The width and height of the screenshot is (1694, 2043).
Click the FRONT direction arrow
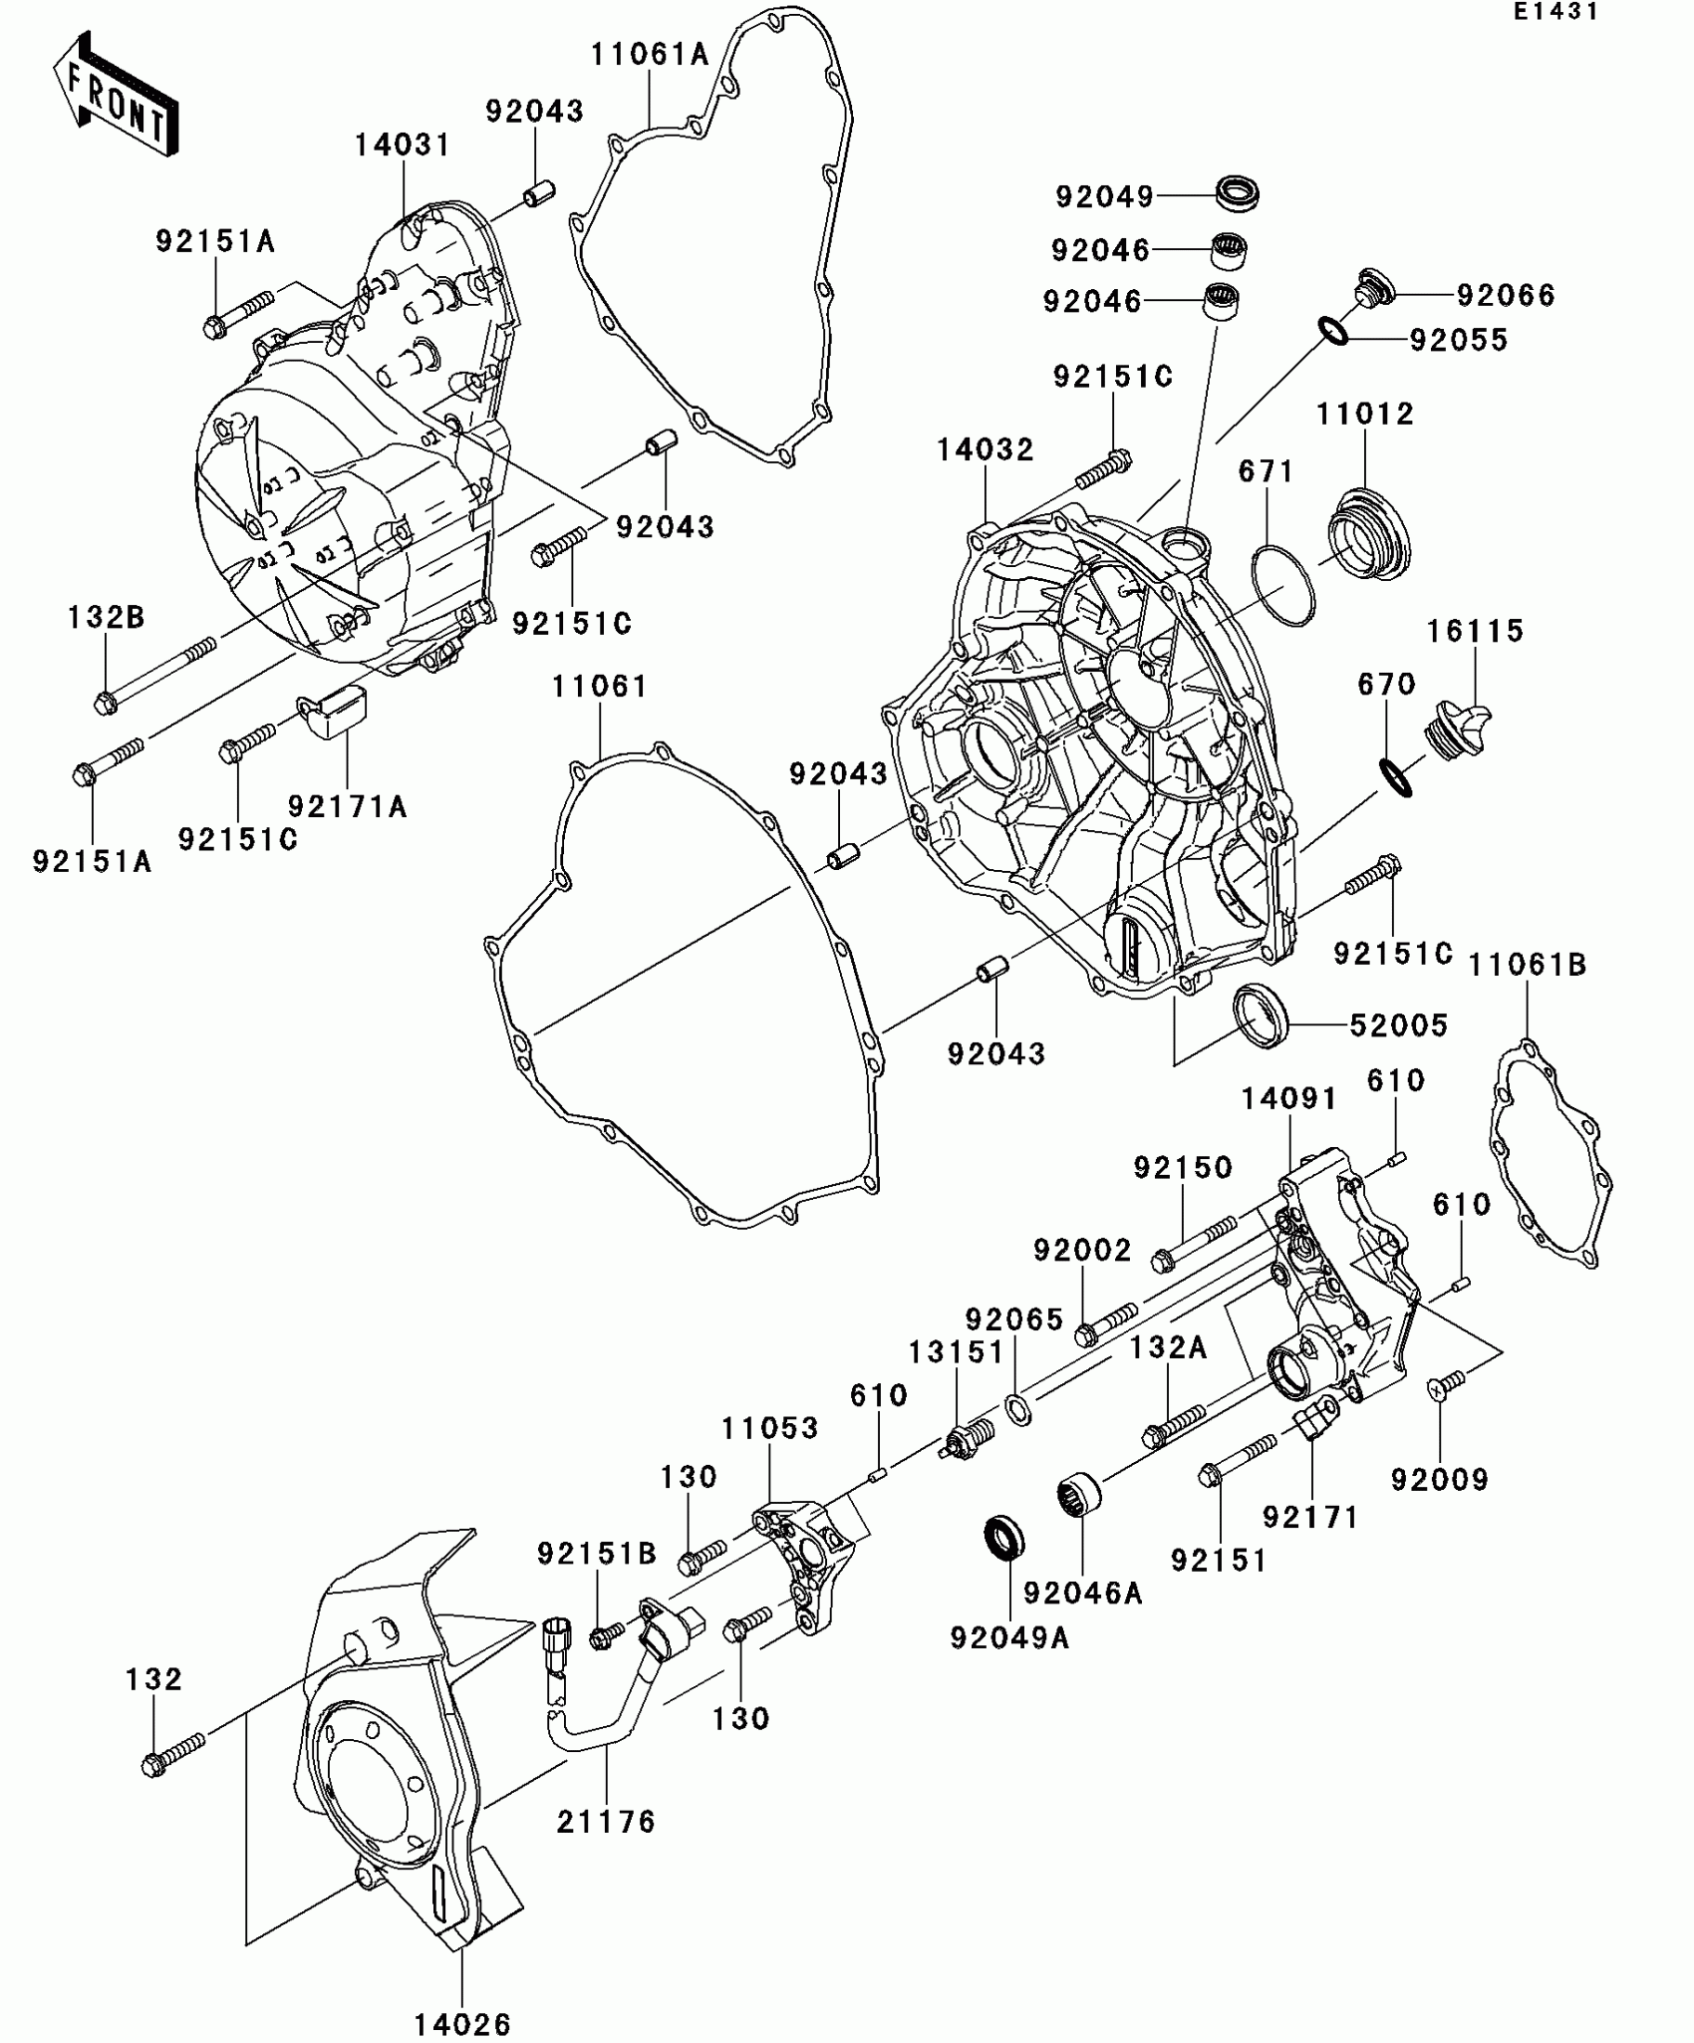(115, 95)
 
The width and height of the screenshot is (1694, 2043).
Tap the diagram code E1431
(1555, 12)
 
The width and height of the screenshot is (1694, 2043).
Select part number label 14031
(403, 146)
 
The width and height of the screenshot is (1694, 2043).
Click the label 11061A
(650, 55)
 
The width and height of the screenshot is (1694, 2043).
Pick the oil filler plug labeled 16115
(1458, 728)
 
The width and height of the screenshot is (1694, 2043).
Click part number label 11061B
(1528, 965)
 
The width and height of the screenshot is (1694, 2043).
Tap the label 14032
(985, 450)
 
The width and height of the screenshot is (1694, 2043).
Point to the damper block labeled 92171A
(335, 711)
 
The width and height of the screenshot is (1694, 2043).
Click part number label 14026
(462, 2024)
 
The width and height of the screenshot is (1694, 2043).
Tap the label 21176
(606, 1822)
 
